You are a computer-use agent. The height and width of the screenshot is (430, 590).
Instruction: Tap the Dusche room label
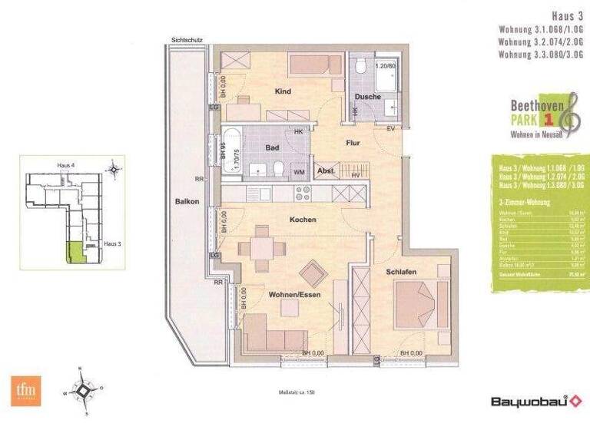(369, 96)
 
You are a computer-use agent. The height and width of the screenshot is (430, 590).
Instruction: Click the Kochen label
(303, 220)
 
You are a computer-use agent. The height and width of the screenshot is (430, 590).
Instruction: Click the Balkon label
(187, 202)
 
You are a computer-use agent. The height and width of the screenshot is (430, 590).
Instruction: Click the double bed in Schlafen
(420, 304)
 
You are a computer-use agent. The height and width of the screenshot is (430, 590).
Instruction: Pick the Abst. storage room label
(326, 170)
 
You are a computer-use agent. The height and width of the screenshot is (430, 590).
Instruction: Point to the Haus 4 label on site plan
(67, 166)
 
